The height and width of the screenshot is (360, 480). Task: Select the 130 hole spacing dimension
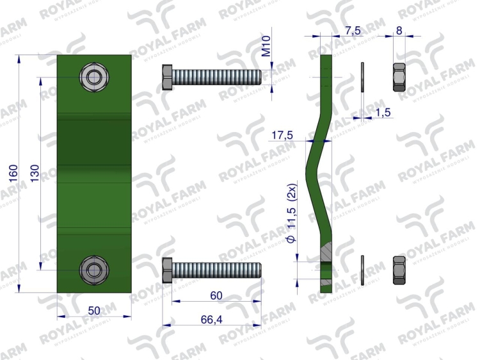(35, 174)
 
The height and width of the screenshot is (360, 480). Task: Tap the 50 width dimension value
(94, 311)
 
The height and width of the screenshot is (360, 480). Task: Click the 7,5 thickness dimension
(352, 30)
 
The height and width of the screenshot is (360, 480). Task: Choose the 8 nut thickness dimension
(399, 30)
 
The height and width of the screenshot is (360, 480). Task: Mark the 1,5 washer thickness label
(383, 113)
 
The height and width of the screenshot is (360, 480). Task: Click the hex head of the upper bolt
(167, 77)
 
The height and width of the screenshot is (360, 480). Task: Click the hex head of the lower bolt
(167, 269)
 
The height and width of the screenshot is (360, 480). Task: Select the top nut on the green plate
(94, 78)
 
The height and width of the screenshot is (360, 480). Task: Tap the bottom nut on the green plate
(94, 269)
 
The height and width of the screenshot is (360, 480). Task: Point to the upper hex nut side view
(398, 77)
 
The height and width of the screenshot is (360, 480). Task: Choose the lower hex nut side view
(398, 270)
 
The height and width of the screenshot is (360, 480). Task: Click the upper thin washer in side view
(362, 77)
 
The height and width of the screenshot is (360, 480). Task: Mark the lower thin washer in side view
(362, 270)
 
